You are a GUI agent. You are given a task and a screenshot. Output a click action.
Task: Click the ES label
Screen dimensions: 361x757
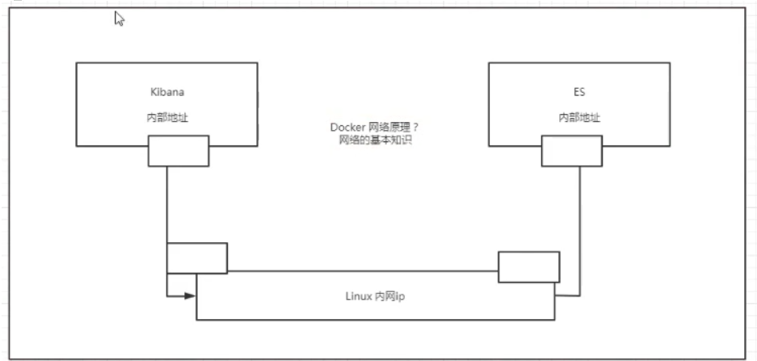coord(579,92)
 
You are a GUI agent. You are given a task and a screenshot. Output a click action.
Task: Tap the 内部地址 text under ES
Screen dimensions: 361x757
coord(579,117)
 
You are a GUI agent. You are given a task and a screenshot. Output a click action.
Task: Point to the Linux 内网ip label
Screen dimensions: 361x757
coord(375,296)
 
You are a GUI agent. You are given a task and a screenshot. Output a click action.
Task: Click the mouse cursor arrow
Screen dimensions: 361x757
coord(119,19)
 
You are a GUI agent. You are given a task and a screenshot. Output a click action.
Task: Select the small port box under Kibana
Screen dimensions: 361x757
coord(178,150)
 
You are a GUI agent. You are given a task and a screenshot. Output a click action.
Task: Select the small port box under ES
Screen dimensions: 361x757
coord(571,150)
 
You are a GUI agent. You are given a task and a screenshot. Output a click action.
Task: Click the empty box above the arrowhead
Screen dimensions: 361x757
coord(196,258)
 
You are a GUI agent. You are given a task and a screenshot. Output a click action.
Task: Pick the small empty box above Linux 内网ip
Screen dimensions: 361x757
coord(528,267)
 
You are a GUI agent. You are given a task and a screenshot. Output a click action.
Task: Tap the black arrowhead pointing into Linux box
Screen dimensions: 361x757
coord(191,296)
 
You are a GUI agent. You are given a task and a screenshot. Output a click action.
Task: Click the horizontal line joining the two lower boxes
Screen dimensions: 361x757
coord(364,271)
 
